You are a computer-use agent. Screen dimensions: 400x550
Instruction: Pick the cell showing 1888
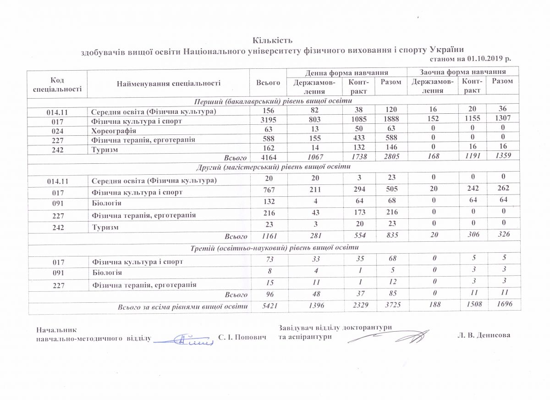point(390,121)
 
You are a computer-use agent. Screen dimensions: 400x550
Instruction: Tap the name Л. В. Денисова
point(484,335)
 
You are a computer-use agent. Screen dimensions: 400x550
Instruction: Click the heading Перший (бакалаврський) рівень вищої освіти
point(273,101)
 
